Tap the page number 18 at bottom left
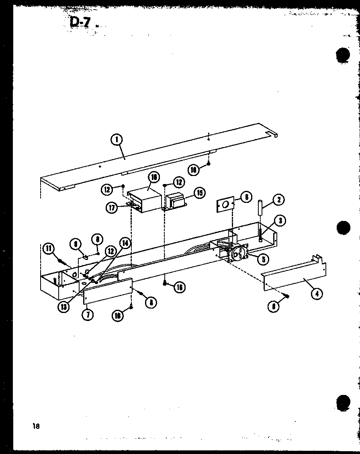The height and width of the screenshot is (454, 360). point(37,426)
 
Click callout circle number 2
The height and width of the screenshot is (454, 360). point(278,200)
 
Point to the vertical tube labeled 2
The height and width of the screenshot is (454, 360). point(260,208)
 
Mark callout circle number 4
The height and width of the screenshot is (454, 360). point(317,293)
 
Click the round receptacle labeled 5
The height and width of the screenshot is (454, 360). point(240,254)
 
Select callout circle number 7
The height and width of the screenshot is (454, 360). point(88,314)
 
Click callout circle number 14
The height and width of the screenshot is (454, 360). point(125,243)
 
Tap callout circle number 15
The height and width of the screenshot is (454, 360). point(199,193)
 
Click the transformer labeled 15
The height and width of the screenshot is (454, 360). point(177,200)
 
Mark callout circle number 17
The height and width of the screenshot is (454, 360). point(112,208)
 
